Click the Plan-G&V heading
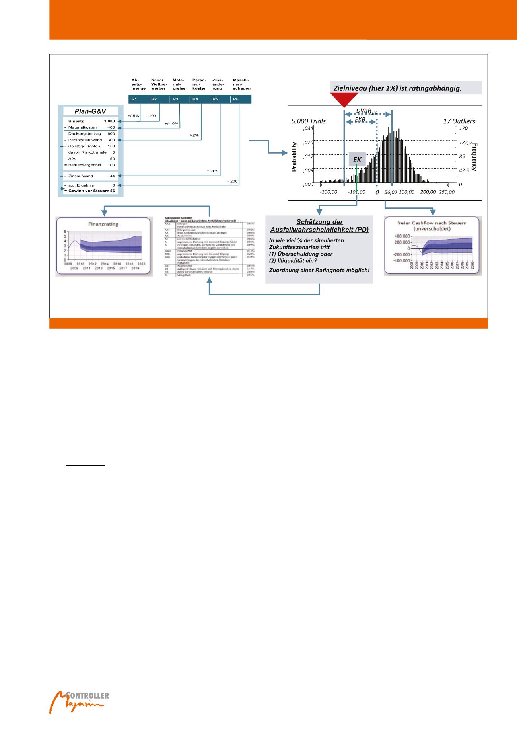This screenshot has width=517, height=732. click(x=90, y=111)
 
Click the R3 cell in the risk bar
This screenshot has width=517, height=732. click(x=175, y=99)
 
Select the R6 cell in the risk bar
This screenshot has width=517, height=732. click(x=235, y=99)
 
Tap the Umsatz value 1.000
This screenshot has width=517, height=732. click(x=109, y=121)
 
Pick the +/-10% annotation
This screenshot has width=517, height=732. click(x=171, y=124)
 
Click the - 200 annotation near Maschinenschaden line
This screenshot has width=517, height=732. click(x=233, y=182)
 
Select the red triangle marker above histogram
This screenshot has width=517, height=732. click(x=344, y=100)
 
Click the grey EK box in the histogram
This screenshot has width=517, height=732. click(x=357, y=160)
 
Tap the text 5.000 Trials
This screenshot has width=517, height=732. click(x=309, y=121)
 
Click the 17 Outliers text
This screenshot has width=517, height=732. click(x=459, y=121)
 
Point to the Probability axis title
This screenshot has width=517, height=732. click(x=294, y=157)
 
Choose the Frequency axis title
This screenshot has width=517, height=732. click(x=474, y=157)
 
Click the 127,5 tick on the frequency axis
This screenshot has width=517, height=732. click(x=465, y=142)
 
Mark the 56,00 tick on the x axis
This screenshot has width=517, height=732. click(x=391, y=192)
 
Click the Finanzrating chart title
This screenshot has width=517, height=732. click(x=103, y=224)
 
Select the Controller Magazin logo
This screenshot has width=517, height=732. click(x=79, y=702)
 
